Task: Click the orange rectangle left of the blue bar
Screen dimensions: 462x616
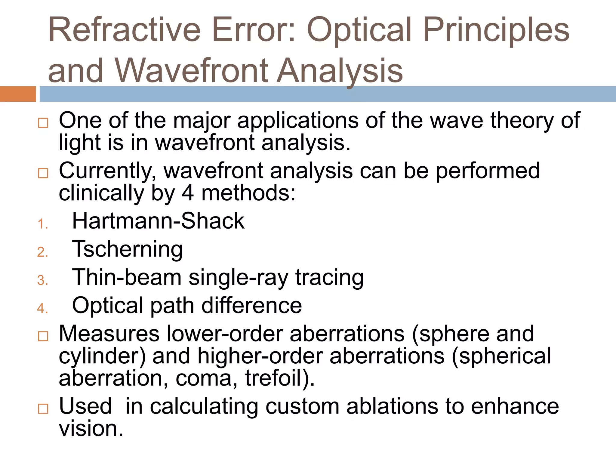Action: coord(18,94)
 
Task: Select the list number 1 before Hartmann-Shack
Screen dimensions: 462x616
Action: coord(42,224)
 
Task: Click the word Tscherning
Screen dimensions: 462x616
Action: coord(127,249)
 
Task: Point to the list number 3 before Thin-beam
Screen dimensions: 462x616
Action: coord(42,280)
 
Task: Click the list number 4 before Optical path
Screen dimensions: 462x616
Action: coord(42,308)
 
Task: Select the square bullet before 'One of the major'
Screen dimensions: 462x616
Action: coord(43,123)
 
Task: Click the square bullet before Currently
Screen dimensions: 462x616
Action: coord(43,173)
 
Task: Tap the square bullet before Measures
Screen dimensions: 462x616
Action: coord(43,336)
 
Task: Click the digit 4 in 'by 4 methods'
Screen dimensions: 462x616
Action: coord(188,193)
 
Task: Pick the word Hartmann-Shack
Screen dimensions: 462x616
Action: coord(158,221)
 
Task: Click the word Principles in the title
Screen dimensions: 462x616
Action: coord(496,30)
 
